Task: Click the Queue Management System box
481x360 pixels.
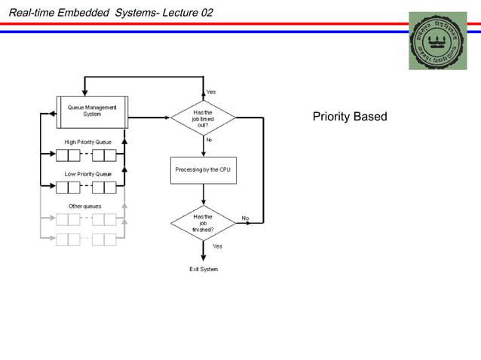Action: (92, 111)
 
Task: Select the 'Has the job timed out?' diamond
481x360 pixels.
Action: (203, 118)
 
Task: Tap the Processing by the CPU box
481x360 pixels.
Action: (203, 169)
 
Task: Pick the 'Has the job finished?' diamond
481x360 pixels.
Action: (203, 223)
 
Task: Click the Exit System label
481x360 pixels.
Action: (203, 269)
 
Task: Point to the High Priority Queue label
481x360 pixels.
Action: (87, 142)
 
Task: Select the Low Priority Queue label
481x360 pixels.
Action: (87, 174)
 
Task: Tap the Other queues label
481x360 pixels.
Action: (84, 206)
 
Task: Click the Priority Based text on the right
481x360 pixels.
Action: (349, 117)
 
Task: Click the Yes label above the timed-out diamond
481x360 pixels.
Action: (211, 91)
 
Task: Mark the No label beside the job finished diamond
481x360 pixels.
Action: (245, 218)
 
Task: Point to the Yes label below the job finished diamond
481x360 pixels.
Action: (217, 246)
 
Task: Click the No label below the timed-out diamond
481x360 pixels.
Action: (209, 139)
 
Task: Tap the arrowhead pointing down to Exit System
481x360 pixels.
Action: (203, 257)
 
